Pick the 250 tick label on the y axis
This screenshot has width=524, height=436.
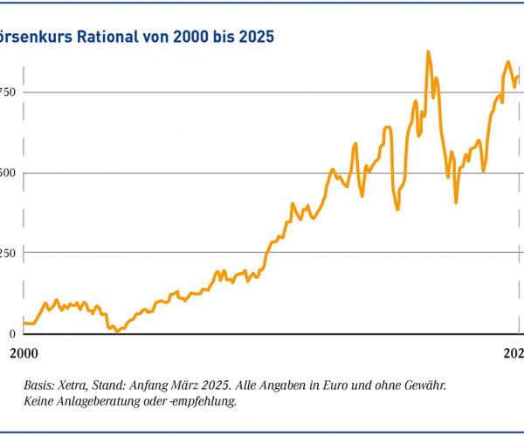[x=9, y=253]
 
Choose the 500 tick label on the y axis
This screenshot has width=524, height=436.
[x=9, y=173]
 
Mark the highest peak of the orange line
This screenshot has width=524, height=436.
[x=428, y=52]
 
